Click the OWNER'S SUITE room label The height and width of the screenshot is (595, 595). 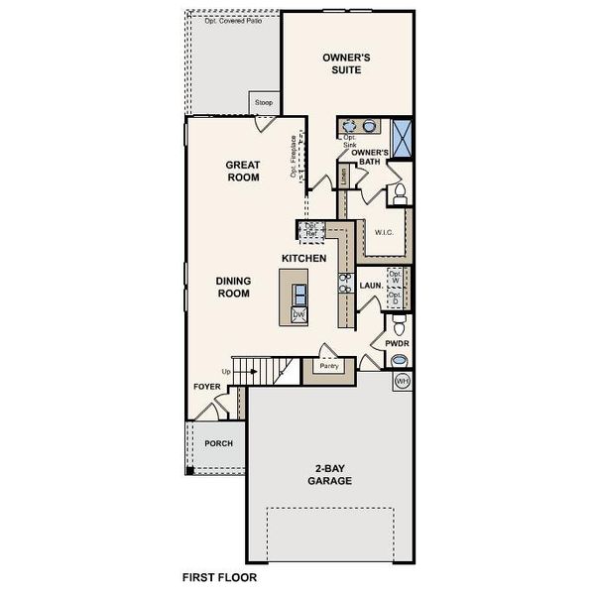point(346,64)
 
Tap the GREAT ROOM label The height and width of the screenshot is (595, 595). point(242,172)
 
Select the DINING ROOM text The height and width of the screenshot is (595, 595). point(234,287)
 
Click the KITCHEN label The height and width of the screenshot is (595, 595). point(303,258)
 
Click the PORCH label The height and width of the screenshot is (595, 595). point(218,443)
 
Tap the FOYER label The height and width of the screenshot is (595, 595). point(207,388)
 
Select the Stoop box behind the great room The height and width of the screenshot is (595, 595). point(264,102)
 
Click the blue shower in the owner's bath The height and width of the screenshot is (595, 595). point(402,137)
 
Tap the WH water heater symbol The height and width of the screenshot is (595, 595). point(403,382)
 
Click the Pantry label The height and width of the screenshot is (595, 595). point(328,366)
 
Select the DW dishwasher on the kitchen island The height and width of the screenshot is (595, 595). point(298,314)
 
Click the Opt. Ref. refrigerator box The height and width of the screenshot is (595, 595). point(310,229)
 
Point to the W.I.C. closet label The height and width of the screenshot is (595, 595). point(385,232)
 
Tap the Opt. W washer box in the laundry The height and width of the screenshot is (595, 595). point(396,278)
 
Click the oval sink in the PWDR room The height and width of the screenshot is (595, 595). point(400,361)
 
